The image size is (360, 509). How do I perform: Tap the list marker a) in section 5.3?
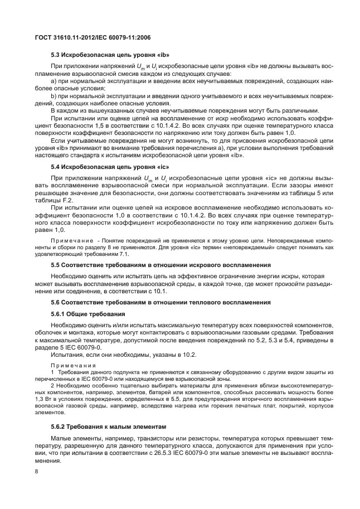tap(53, 81)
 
